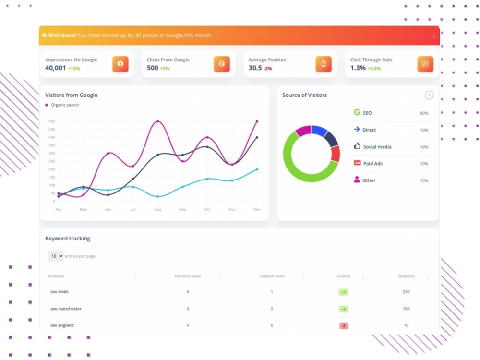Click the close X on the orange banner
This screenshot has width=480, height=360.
(x=434, y=36)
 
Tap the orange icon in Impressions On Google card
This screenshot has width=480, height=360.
(x=120, y=64)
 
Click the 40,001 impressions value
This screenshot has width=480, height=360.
(x=55, y=68)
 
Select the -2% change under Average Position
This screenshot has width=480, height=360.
(x=268, y=68)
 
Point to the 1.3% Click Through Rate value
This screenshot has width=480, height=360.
(x=358, y=68)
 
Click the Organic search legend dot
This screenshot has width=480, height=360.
(x=47, y=105)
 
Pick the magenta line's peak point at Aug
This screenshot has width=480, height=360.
(x=157, y=121)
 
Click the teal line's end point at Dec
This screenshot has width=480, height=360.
(x=257, y=169)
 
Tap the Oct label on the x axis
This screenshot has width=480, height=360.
(x=207, y=209)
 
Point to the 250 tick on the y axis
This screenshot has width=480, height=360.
(x=52, y=161)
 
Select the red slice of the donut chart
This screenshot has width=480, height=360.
(x=336, y=154)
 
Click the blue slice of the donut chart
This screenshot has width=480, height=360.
(x=319, y=131)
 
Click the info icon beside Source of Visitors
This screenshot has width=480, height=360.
(x=429, y=95)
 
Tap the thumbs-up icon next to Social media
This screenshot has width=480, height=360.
(x=357, y=146)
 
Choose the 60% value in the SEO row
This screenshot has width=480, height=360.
(x=424, y=113)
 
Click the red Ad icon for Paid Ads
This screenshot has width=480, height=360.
(x=357, y=163)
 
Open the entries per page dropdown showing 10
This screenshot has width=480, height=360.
(x=55, y=256)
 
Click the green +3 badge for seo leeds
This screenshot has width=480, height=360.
(x=344, y=292)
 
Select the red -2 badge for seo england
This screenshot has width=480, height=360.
(x=344, y=326)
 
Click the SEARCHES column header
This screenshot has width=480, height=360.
(x=406, y=276)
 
